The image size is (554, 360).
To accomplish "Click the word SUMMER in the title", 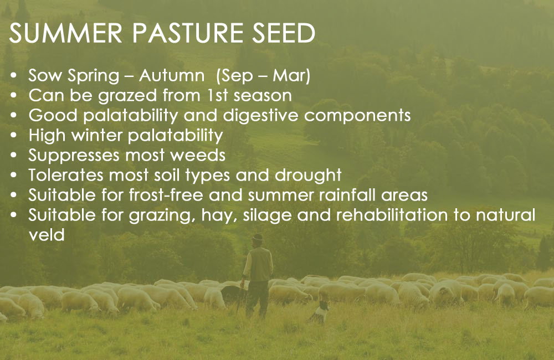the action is tap(66, 33).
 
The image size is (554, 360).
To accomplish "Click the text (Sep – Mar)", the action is tap(263, 76).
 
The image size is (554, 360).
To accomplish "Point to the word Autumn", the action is tap(171, 75).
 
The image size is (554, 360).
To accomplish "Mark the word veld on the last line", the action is tap(47, 235).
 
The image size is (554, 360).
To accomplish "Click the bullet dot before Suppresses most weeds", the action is tap(14, 156).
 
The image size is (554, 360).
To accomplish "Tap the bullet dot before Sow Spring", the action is tap(14, 76).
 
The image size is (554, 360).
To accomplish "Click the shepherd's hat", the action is tap(258, 238).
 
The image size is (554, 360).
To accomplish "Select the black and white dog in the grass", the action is tap(319, 312).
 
